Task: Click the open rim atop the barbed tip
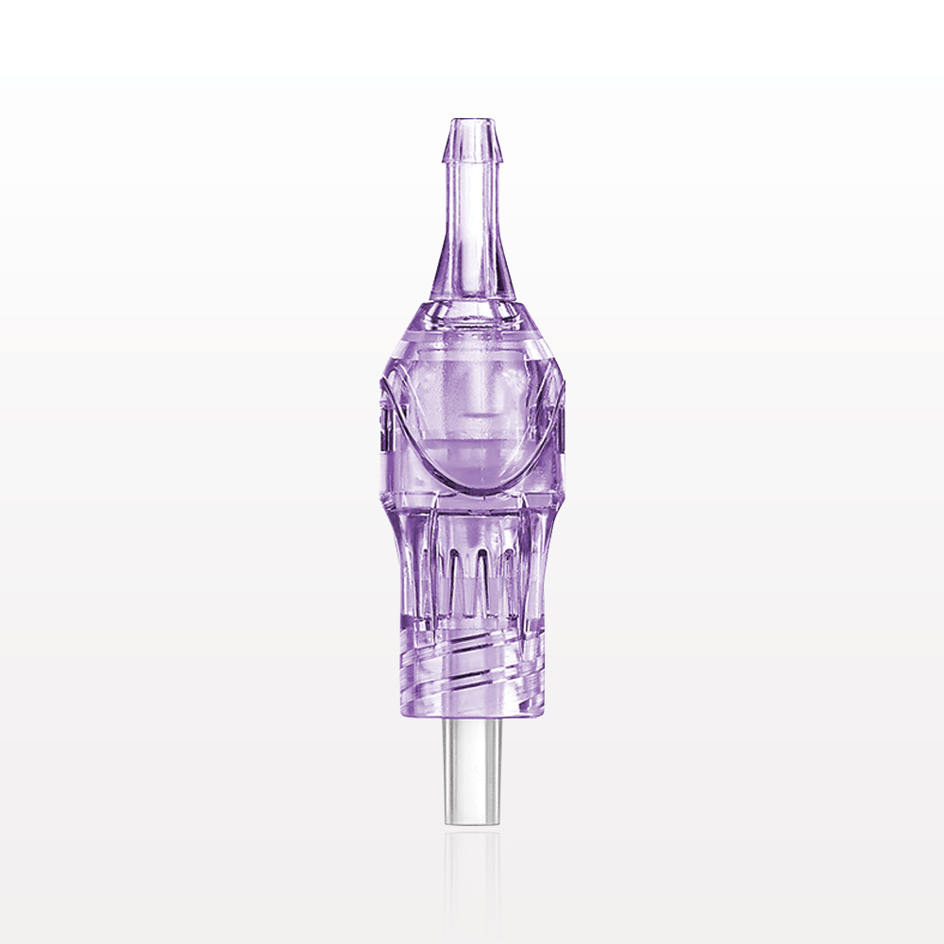click(x=472, y=121)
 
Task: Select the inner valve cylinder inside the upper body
click(x=472, y=396)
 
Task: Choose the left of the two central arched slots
click(x=460, y=576)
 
